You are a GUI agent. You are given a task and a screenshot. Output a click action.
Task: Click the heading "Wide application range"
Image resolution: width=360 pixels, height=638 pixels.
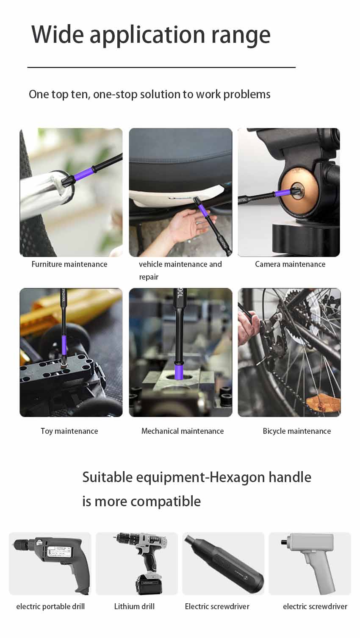(x=151, y=35)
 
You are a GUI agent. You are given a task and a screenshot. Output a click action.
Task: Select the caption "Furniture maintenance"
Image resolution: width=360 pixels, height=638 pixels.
(x=69, y=264)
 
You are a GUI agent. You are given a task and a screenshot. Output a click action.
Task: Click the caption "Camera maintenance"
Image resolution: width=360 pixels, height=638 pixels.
(x=290, y=264)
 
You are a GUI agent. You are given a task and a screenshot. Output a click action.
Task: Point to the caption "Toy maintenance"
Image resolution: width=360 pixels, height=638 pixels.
(x=69, y=431)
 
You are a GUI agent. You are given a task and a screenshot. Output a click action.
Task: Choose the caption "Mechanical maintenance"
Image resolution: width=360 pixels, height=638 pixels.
(x=183, y=431)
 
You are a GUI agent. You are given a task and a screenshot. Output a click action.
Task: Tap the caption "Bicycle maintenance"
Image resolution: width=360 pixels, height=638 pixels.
(x=296, y=431)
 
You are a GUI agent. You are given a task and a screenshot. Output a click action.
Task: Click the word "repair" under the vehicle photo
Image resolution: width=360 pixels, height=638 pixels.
(x=149, y=277)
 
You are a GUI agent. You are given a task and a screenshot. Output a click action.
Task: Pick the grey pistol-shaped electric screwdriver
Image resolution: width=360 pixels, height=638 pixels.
(x=312, y=559)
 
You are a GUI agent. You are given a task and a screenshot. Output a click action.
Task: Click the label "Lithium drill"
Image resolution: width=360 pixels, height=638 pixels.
(x=134, y=607)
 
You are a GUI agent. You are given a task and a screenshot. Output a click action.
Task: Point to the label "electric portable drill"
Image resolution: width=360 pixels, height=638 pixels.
(x=50, y=607)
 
